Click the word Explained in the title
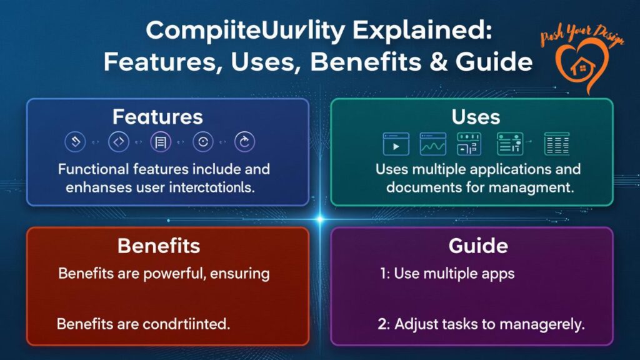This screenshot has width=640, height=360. point(367,32)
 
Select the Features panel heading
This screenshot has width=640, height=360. point(157,117)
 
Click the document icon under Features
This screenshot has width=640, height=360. point(161,142)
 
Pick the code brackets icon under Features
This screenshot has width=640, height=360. point(118,142)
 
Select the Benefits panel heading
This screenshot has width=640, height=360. point(159,246)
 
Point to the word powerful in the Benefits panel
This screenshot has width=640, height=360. point(176,274)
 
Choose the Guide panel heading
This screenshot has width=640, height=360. point(477,246)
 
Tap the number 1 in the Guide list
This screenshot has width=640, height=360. point(382,274)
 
